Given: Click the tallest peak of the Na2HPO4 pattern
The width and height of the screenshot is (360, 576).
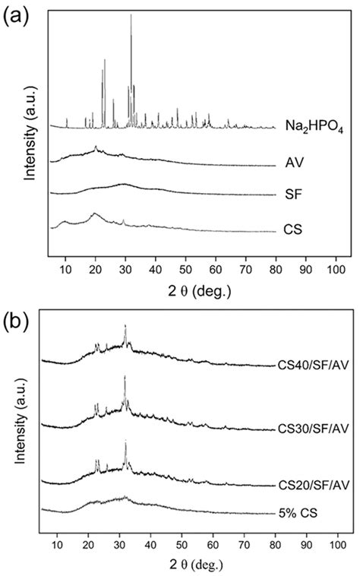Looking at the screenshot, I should coord(131,15).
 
